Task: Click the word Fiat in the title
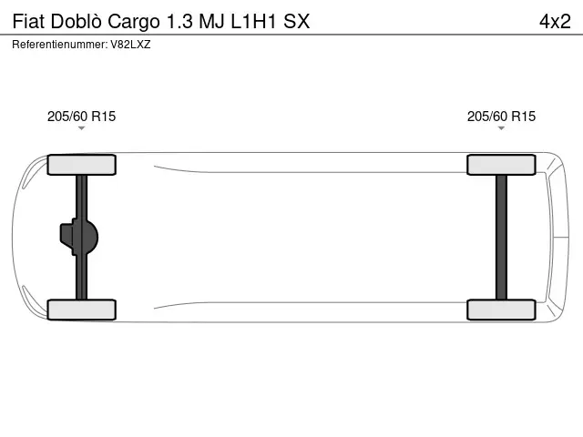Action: (x=28, y=21)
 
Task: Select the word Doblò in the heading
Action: (x=77, y=21)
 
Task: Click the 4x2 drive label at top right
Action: (x=555, y=21)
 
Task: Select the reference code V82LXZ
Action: (x=130, y=44)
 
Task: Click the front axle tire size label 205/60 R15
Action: (x=81, y=116)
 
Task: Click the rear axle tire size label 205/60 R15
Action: (x=501, y=116)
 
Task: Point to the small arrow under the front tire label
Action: (x=81, y=129)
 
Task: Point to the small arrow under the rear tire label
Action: (x=501, y=129)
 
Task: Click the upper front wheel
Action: (x=81, y=165)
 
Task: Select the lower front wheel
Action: (x=81, y=310)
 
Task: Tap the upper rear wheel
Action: (x=501, y=165)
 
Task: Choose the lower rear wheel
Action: (x=501, y=310)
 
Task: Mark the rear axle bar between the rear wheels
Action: (x=501, y=237)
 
